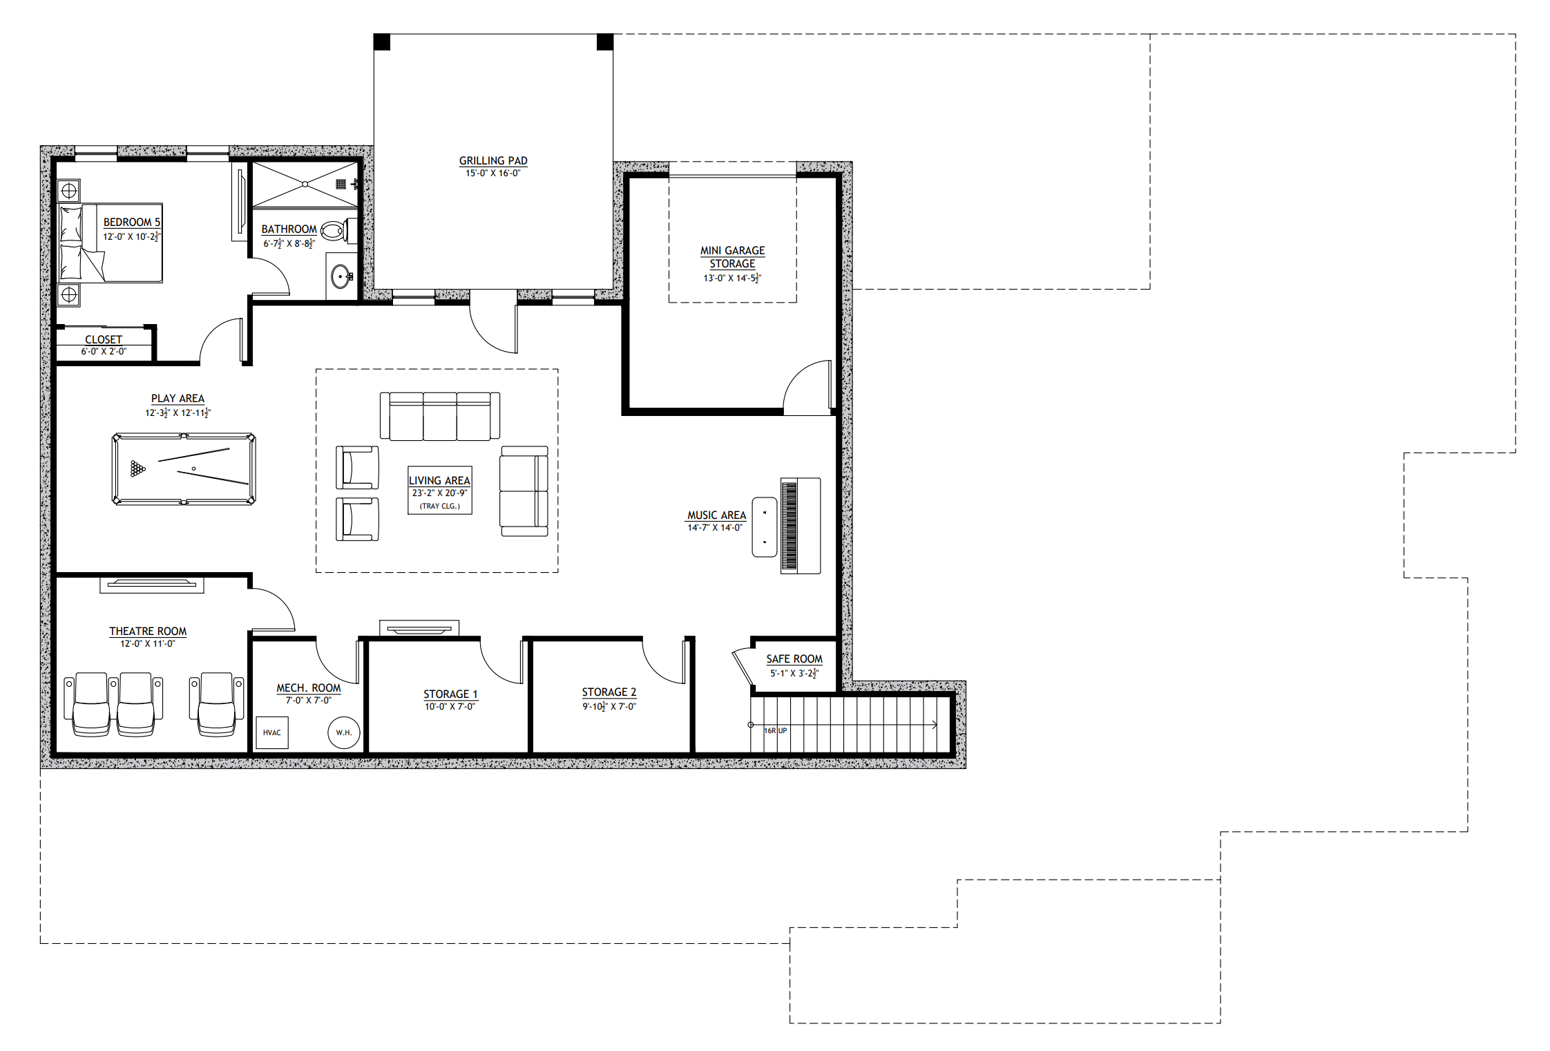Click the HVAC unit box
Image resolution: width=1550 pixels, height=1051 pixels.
pos(272,733)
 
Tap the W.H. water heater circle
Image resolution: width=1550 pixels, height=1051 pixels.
pos(344,732)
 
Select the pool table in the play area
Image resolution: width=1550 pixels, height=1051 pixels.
pos(184,469)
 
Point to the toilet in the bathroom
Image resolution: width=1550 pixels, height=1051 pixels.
pos(335,231)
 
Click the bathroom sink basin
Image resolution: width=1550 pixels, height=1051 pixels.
pos(341,277)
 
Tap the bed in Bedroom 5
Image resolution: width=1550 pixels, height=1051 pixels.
pos(111,243)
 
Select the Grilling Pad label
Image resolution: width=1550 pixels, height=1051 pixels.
pos(493,161)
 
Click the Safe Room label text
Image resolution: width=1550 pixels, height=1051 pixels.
pos(794,659)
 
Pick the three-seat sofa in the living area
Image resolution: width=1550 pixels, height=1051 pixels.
pos(440,416)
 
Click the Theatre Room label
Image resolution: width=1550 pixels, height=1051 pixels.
pos(148,632)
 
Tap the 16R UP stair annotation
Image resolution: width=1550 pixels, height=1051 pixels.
pos(776,730)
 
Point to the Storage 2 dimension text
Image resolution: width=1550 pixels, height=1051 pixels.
pos(609,706)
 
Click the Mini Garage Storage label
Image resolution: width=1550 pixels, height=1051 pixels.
pos(733,257)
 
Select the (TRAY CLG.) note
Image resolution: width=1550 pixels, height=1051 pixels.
pos(440,506)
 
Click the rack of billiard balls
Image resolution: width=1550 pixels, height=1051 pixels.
pos(137,469)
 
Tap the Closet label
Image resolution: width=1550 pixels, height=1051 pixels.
pos(104,340)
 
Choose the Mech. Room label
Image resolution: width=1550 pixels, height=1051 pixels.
pos(309,688)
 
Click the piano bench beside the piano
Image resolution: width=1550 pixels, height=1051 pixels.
pos(765,527)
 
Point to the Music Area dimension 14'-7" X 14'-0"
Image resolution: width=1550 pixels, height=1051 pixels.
pos(715,528)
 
